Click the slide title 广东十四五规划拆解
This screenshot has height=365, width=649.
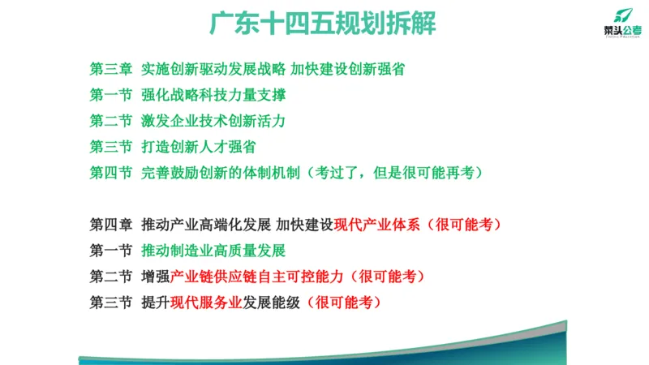click(x=323, y=24)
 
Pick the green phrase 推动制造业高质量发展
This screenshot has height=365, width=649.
click(x=213, y=251)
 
